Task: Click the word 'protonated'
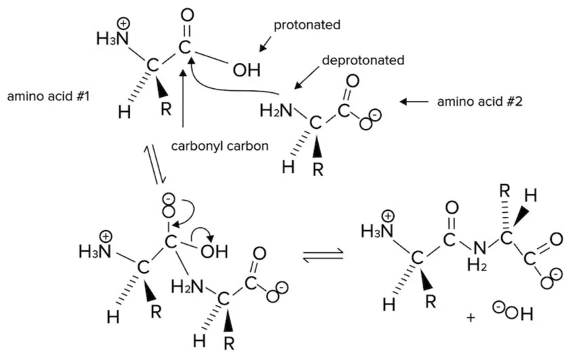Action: (307, 26)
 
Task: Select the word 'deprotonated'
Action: (363, 60)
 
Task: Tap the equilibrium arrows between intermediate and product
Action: (322, 256)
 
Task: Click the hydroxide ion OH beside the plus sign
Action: (520, 314)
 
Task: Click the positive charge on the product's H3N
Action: (389, 216)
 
